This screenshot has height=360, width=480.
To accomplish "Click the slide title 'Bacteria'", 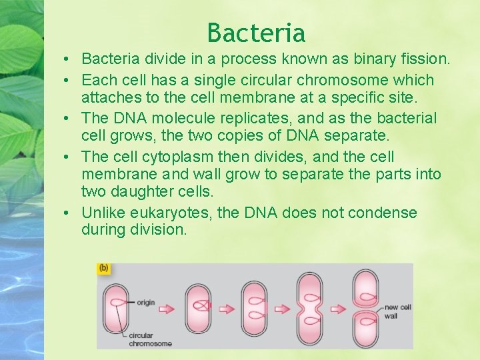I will [256, 32].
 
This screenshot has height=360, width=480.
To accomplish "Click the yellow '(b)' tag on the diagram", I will [104, 268].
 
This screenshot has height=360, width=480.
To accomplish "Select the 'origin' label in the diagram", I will [145, 302].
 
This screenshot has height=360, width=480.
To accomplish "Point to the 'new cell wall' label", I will [398, 311].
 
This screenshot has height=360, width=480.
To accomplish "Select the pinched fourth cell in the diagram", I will [311, 307].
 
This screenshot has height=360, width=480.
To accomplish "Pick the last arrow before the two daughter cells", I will [339, 309].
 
